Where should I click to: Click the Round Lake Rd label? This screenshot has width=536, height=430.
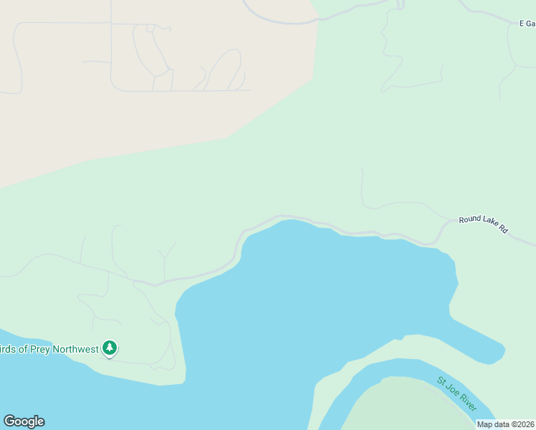[x=484, y=224]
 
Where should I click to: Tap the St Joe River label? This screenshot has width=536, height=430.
[x=457, y=393]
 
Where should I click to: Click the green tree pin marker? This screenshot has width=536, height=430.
[x=109, y=348]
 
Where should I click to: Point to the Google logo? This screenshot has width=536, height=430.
[x=24, y=421]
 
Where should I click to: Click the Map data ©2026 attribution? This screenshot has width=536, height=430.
[x=506, y=424]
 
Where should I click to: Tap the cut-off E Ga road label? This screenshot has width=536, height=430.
[x=527, y=24]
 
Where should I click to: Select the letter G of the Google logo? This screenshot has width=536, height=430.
[x=9, y=421]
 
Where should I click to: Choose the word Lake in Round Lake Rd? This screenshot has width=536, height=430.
[x=489, y=226]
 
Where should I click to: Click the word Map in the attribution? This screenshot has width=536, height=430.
[x=484, y=424]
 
